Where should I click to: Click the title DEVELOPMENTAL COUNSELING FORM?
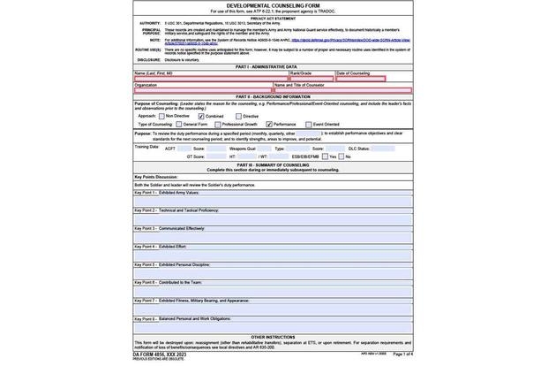coord(273,5)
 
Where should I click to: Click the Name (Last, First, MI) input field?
coord(210,79)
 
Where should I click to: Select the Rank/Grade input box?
coord(312,79)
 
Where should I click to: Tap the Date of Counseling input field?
coord(361,79)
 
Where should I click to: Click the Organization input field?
coord(203,90)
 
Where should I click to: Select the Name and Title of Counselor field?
coord(342,90)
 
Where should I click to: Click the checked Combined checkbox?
coord(201,116)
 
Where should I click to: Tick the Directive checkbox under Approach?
coord(238,116)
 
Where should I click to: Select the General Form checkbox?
coord(178,125)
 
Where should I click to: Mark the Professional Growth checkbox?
coord(217,125)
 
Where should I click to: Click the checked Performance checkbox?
coord(269,125)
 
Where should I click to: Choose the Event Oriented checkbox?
coord(308,125)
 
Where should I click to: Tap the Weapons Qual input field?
coord(265,149)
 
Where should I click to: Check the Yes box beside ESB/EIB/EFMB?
coord(325,156)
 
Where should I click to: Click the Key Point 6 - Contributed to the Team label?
coord(168,282)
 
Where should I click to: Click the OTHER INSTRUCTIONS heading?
coord(273,337)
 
